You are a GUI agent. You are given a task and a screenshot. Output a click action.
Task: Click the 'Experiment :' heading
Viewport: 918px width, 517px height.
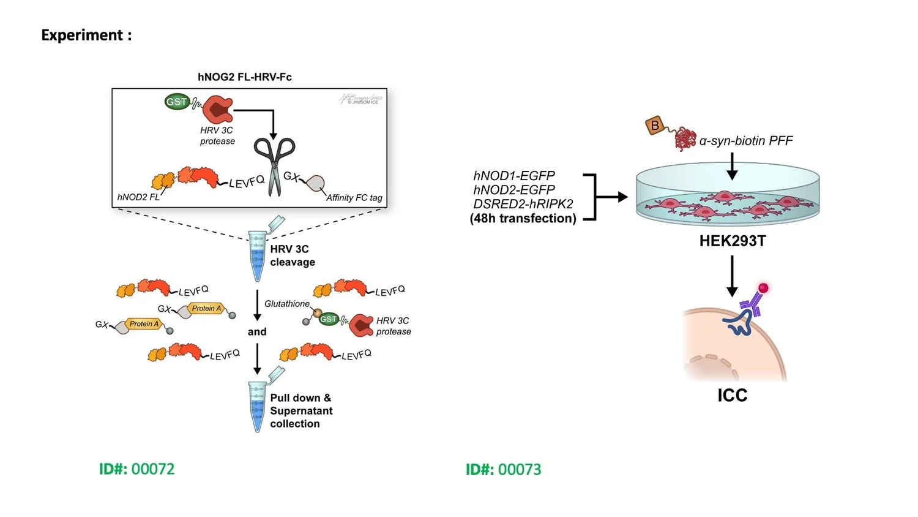point(86,36)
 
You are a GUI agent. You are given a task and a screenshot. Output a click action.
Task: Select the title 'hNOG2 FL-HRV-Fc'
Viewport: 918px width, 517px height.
point(244,77)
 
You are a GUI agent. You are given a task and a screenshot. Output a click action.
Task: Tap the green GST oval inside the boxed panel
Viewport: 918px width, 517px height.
point(177,102)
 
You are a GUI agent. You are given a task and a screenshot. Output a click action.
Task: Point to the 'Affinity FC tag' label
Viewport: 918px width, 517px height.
point(354,197)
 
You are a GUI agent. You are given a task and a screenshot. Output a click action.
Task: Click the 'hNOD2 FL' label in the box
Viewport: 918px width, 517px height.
point(138,197)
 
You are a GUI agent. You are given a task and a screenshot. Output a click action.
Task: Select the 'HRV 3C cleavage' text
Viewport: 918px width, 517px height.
point(293,255)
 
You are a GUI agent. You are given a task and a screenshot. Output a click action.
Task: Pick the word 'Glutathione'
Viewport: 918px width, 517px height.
point(286,304)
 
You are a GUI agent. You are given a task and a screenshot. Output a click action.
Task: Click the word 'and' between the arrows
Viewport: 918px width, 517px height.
point(257,331)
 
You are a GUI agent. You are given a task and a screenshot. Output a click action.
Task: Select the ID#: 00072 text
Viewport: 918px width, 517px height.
point(136,469)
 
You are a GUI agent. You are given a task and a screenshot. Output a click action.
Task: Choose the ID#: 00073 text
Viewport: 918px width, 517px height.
point(503,470)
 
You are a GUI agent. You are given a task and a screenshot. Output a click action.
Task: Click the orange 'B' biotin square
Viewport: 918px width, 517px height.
point(655,126)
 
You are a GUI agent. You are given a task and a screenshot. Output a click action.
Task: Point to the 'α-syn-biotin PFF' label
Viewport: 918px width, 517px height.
point(745,141)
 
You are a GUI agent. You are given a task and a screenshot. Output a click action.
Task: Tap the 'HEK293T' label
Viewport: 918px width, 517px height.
point(732,241)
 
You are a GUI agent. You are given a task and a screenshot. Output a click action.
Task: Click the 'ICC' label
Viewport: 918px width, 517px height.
point(732,395)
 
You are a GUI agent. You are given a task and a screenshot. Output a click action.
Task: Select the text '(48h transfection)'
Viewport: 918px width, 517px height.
point(523,219)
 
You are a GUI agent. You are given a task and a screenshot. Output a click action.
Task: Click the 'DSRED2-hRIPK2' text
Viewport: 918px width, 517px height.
point(523,204)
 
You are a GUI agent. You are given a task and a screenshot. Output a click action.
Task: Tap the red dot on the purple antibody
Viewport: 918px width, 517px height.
point(763,288)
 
